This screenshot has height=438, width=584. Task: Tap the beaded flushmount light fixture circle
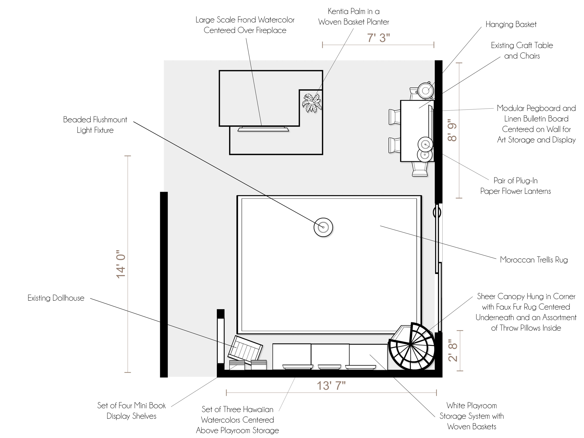[x=323, y=227]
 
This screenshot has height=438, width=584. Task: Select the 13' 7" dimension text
[x=331, y=386]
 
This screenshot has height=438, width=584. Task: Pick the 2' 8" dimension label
[x=453, y=350]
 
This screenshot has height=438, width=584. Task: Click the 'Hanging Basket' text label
[x=511, y=24]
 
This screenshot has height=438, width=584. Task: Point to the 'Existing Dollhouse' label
[x=56, y=298]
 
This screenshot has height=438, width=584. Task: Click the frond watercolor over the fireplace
[x=263, y=129]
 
